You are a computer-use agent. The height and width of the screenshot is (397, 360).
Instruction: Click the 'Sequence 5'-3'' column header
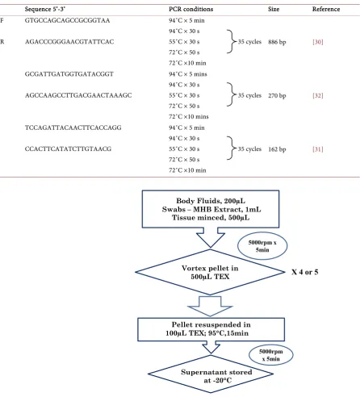45,9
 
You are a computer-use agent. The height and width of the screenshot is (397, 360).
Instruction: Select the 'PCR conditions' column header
190,9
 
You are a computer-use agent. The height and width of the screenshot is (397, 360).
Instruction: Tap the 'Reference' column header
326,9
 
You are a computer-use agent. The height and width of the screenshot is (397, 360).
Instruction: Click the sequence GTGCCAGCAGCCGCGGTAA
67,20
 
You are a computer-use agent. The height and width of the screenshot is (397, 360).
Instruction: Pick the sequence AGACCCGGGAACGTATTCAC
69,42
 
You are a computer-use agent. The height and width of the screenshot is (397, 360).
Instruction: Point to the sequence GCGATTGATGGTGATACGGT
69,74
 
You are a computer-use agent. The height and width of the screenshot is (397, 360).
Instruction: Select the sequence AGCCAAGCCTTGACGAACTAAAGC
78,95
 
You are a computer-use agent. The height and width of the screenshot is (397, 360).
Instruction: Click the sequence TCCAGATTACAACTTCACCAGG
73,127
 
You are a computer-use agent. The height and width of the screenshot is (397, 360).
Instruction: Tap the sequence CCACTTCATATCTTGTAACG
68,148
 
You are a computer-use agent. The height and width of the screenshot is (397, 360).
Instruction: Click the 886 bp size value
277,42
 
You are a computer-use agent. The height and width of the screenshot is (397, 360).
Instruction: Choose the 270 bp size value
277,95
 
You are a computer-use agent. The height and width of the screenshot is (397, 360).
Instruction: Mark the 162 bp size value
277,149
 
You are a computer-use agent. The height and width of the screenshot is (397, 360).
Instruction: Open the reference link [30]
318,42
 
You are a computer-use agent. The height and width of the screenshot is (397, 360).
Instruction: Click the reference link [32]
318,95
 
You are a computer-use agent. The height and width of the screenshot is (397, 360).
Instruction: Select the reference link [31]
318,149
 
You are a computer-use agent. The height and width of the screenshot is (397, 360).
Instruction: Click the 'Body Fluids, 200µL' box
211,209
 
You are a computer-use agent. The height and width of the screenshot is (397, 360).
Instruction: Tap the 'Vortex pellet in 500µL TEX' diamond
210,272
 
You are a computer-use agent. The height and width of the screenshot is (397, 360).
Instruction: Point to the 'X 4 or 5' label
305,272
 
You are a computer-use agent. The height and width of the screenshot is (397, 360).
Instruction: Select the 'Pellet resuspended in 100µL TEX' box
211,329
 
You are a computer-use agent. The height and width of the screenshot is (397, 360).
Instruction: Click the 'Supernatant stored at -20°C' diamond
211,374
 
